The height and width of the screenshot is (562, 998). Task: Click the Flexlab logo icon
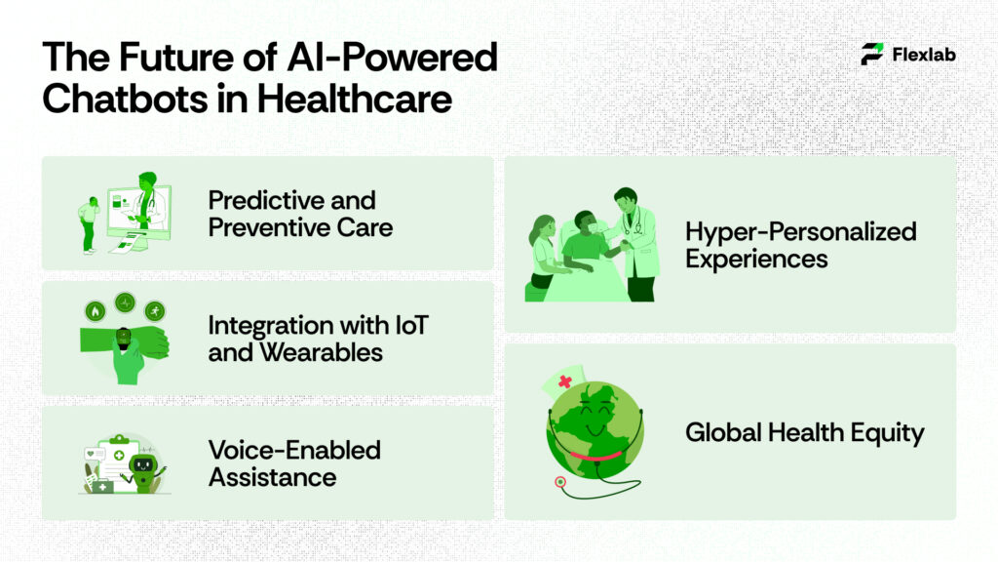[872, 54]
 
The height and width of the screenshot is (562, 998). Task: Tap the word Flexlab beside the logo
[923, 55]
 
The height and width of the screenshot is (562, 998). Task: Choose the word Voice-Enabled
[294, 450]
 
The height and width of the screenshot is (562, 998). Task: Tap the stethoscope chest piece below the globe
[560, 482]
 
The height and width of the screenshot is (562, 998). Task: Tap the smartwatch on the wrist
[124, 338]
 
